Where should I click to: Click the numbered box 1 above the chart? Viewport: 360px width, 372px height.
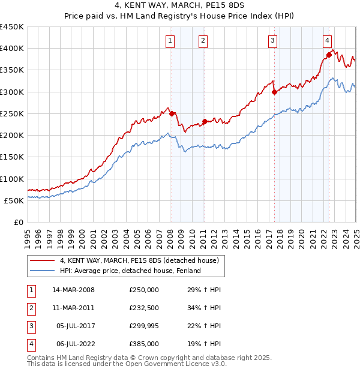170,41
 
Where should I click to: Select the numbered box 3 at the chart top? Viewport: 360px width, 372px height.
272,41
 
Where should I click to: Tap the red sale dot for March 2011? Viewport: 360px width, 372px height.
205,121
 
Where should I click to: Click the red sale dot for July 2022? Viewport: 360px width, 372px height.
329,55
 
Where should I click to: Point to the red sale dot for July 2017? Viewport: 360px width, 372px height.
274,92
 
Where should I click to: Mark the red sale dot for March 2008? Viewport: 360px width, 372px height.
172,113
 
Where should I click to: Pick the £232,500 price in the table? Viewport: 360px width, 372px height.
144,308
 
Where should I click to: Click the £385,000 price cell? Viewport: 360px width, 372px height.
144,344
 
